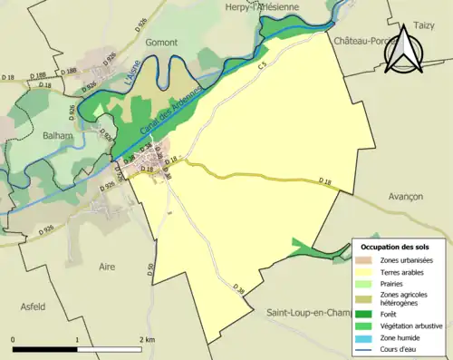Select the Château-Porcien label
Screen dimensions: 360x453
(x=366, y=42)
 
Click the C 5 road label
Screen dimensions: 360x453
(x=263, y=65)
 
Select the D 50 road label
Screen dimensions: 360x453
(x=150, y=269)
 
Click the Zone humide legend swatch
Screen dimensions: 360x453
(x=367, y=336)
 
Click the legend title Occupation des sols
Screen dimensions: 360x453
(x=396, y=246)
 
